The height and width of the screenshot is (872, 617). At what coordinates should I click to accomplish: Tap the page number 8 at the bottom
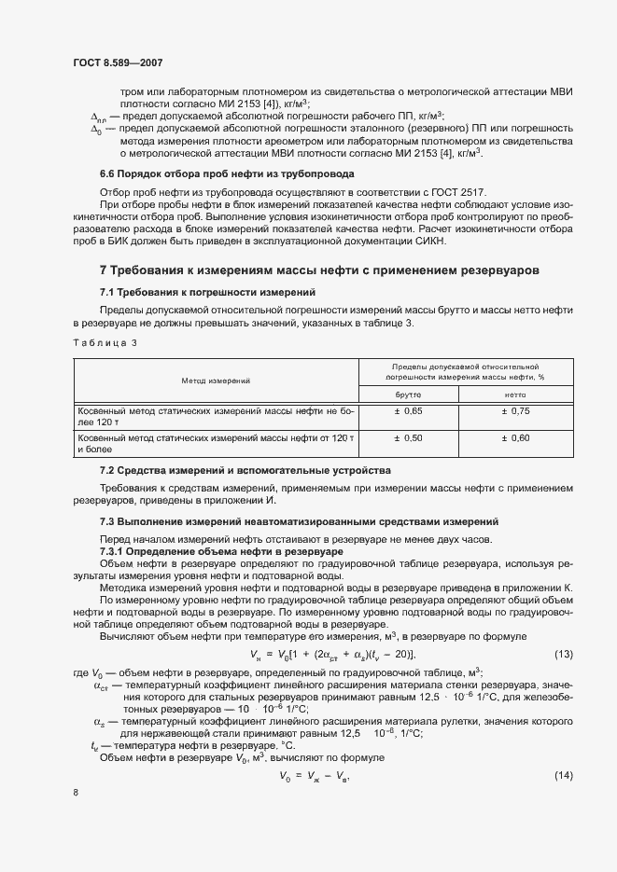point(76,793)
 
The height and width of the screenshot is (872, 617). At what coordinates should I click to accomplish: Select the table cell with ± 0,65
point(408,411)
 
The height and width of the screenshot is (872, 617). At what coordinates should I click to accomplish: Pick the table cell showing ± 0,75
point(515,411)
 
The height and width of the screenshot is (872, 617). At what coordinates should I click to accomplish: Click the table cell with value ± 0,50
point(408,438)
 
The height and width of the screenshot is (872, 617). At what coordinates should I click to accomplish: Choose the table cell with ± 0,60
point(515,438)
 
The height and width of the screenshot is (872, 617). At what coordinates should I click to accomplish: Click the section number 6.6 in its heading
point(109,174)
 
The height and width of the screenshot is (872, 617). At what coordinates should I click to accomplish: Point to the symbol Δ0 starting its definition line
point(95,130)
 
